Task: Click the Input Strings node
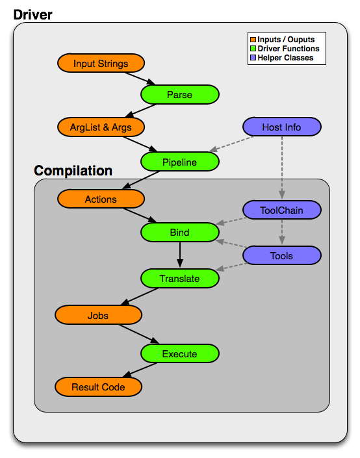tap(101, 63)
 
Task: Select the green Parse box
tap(180, 95)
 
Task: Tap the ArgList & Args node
tap(101, 127)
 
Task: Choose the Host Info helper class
tap(281, 127)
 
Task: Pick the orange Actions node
tap(101, 199)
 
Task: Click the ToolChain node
tap(281, 210)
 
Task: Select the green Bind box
tap(180, 233)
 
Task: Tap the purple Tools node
tap(281, 256)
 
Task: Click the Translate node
tap(180, 278)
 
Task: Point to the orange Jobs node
tap(98, 316)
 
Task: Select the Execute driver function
tap(180, 353)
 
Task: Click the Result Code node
tap(98, 387)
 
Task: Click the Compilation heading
tap(73, 171)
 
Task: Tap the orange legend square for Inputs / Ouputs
tap(253, 40)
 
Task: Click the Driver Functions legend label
tap(288, 49)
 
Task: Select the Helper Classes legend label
tap(285, 58)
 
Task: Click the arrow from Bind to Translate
tap(180, 255)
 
